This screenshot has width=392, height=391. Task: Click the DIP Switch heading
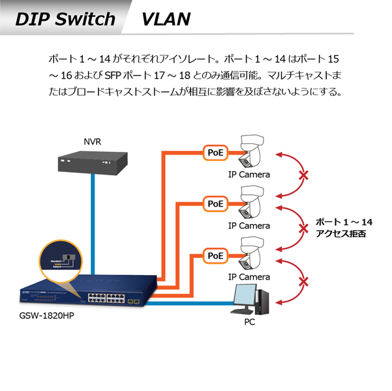coord(65,19)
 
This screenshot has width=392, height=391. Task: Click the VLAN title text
coord(166,19)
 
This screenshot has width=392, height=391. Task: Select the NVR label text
coord(92,141)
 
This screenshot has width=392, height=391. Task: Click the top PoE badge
coord(215,152)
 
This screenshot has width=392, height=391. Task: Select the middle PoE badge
coord(215,204)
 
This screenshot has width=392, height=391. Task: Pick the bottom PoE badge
coord(215,255)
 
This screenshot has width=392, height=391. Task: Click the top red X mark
coord(303,175)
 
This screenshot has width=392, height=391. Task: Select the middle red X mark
coord(303,227)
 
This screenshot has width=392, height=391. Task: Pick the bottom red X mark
coord(303,282)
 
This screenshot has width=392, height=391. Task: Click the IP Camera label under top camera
coord(249,175)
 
